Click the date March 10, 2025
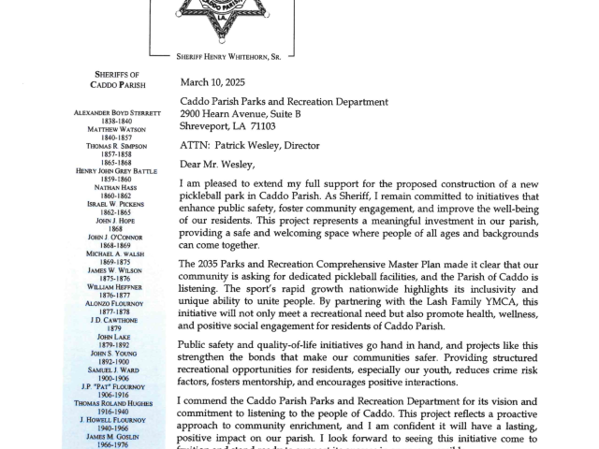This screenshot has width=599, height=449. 212,82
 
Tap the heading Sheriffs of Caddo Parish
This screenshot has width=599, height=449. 118,78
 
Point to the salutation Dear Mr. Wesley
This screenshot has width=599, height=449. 217,165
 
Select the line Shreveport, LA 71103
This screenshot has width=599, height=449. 227,126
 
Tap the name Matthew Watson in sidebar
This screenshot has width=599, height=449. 118,130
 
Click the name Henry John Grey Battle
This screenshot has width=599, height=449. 118,171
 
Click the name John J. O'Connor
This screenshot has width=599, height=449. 118,237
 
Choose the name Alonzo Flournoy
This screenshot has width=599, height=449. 118,303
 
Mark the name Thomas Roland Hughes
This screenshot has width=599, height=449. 118,402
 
